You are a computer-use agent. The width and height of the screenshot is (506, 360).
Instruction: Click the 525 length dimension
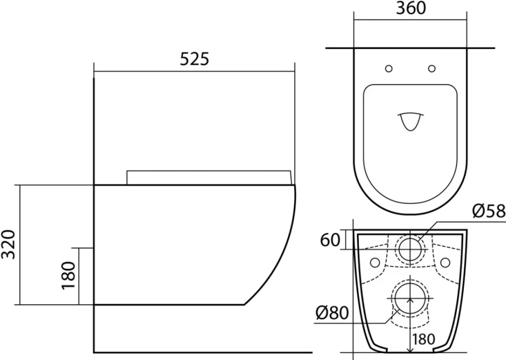point(194,59)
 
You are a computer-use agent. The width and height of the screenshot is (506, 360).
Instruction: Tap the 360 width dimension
point(411,8)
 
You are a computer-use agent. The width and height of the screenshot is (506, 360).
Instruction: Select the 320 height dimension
point(8,244)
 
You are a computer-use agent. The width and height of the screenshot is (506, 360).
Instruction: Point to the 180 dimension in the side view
point(68,275)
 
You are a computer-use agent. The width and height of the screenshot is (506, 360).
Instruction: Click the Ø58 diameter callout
point(489,211)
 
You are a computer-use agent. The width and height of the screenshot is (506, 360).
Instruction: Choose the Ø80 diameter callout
point(332,313)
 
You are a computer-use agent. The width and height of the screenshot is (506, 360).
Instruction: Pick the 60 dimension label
point(330,240)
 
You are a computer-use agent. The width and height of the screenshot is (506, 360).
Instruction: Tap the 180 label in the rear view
point(423,339)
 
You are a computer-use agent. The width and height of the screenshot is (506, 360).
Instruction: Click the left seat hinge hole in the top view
point(389,68)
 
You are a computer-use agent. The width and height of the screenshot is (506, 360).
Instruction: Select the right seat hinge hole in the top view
point(432,68)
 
